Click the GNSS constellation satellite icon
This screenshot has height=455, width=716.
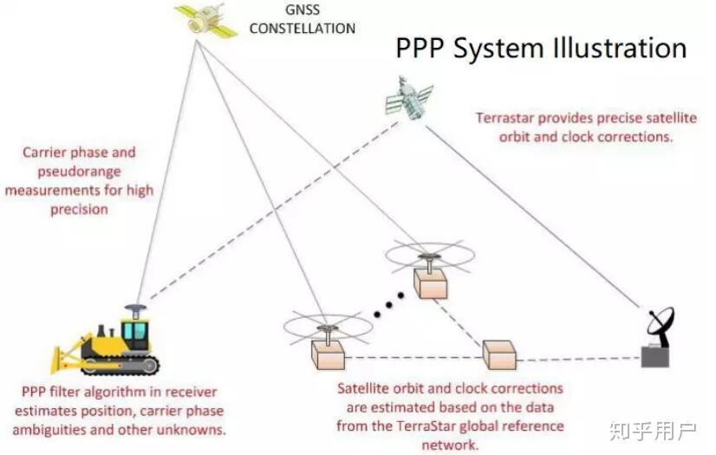tap(205, 20)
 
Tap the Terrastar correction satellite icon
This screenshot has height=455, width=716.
tap(410, 97)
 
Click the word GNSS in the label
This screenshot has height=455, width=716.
tap(301, 11)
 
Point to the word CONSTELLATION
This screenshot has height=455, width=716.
tap(301, 29)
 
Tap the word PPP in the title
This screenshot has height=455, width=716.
tap(421, 48)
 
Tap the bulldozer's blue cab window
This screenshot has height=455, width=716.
tap(135, 332)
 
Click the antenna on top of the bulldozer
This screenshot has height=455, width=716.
tap(134, 309)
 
